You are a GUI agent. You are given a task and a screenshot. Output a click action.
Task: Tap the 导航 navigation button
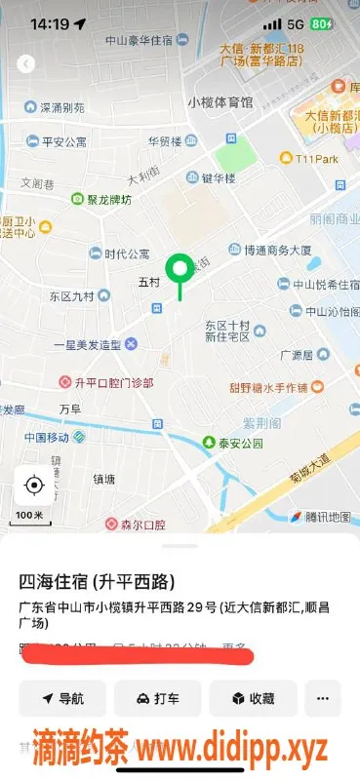pyautogui.click(x=61, y=698)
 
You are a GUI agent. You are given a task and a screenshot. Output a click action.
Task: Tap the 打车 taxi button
pyautogui.click(x=157, y=698)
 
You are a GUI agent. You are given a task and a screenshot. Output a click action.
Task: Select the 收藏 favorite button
pyautogui.click(x=252, y=698)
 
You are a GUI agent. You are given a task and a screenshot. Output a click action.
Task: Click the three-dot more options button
pyautogui.click(x=322, y=698)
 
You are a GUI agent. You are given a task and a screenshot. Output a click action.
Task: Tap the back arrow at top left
pyautogui.click(x=26, y=63)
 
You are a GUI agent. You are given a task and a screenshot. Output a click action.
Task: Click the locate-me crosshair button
pyautogui.click(x=34, y=485)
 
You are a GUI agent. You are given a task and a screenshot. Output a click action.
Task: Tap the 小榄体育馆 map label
pyautogui.click(x=220, y=101)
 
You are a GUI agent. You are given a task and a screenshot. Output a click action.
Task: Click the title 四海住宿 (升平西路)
pyautogui.click(x=98, y=582)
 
